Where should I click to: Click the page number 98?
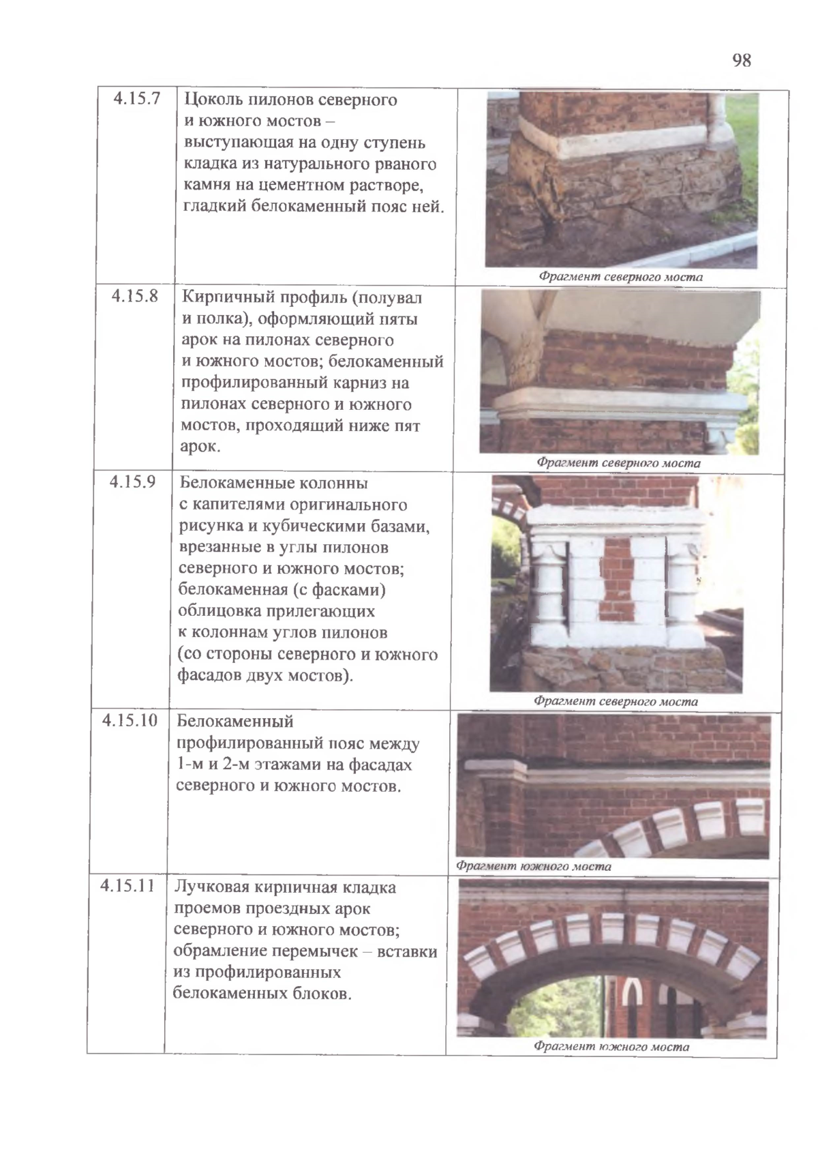(742, 61)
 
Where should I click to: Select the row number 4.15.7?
(136, 99)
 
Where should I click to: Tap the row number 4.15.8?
(134, 297)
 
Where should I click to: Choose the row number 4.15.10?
(130, 720)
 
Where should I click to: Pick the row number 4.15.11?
(127, 886)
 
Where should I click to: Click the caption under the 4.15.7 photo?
(620, 277)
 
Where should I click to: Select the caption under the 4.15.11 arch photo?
(611, 1046)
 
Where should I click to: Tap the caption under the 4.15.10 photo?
(533, 866)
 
